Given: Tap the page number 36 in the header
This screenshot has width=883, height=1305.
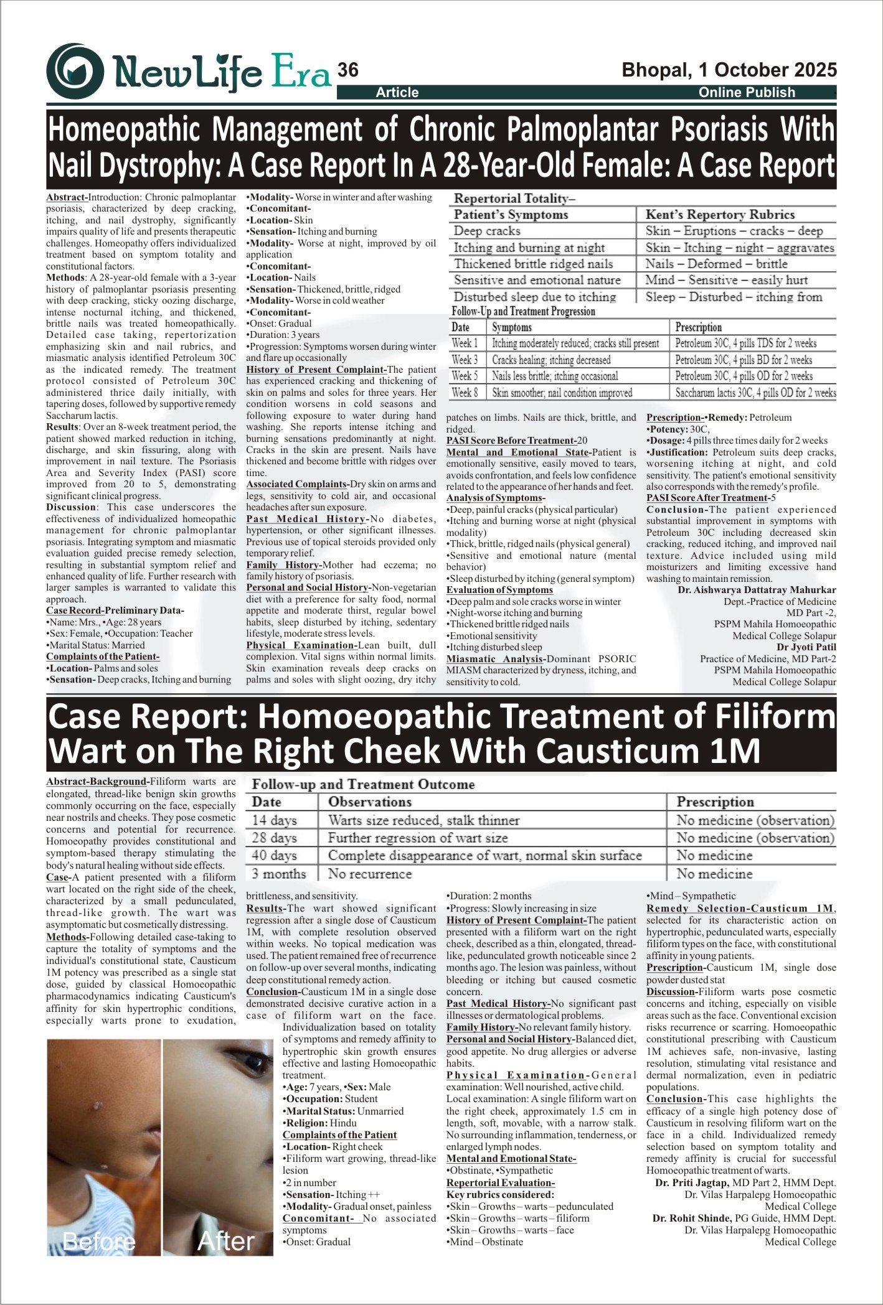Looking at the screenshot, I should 348,70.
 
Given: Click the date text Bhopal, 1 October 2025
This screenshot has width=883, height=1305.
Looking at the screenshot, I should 729,70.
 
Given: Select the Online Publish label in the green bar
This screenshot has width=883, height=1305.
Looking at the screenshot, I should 747,93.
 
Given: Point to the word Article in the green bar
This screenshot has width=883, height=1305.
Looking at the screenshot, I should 397,93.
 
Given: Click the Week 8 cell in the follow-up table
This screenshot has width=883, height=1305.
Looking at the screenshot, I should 465,393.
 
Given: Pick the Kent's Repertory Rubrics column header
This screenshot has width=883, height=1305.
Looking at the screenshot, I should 720,215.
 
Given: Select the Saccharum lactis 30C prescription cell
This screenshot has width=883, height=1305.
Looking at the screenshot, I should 755,393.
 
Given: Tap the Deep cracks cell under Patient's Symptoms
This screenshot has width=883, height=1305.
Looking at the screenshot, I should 487,231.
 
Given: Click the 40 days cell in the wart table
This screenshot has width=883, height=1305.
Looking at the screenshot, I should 274,856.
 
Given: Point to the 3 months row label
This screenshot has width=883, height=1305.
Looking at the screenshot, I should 278,874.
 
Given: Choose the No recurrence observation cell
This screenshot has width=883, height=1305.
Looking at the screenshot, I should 370,874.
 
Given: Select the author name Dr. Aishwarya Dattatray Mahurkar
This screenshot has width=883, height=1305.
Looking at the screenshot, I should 757,590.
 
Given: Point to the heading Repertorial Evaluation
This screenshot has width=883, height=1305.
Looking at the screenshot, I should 500,1182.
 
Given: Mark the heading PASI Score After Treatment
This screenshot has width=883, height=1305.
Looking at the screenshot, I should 707,498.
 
